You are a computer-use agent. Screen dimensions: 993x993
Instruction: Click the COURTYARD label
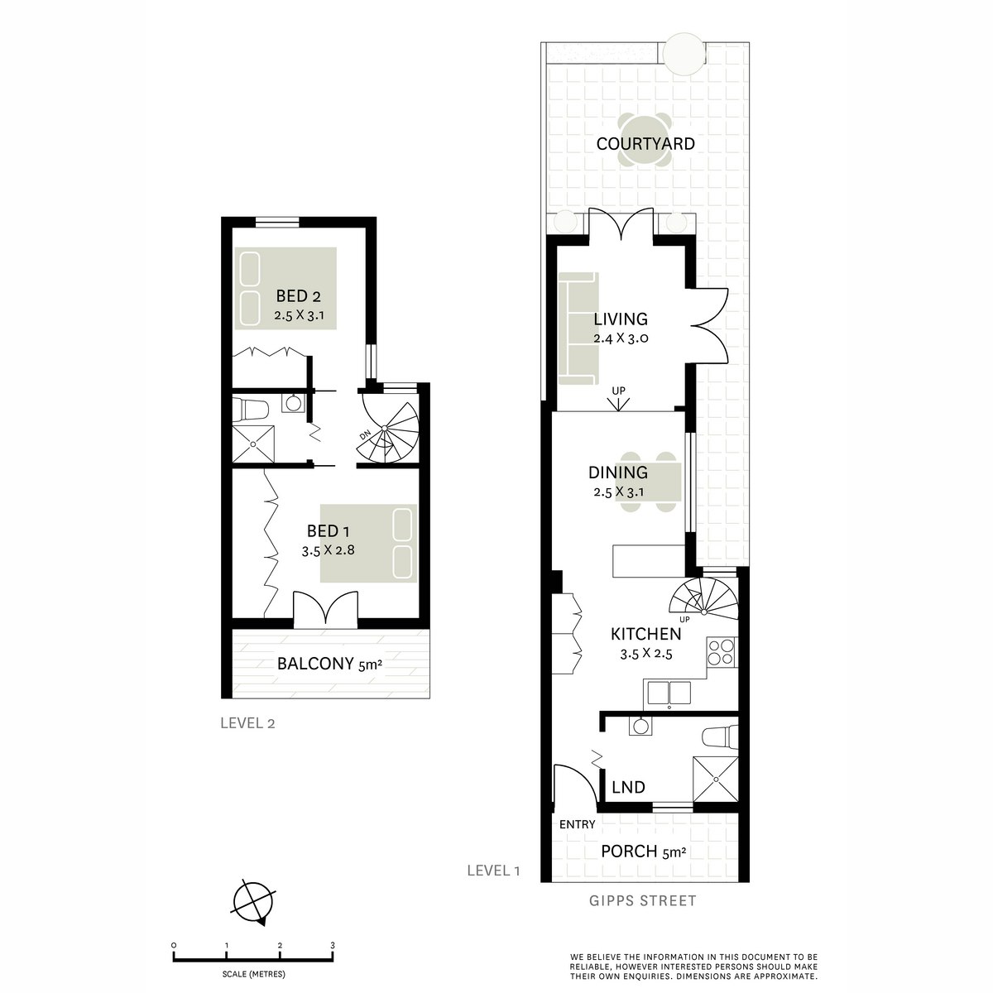pyautogui.click(x=645, y=144)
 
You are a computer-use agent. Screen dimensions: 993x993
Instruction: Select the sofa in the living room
pyautogui.click(x=578, y=329)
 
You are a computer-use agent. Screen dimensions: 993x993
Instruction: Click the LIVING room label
pyautogui.click(x=621, y=319)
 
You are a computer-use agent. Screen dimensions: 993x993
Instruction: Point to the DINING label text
pyautogui.click(x=617, y=473)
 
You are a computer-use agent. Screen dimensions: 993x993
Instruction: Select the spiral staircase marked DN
pyautogui.click(x=388, y=431)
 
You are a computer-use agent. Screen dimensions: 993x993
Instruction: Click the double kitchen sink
pyautogui.click(x=669, y=692)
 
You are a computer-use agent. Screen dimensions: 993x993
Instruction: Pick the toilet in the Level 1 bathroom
pyautogui.click(x=717, y=735)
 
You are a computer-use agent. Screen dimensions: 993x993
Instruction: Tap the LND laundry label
pyautogui.click(x=628, y=787)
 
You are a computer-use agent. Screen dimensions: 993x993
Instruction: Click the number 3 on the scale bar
pyautogui.click(x=333, y=945)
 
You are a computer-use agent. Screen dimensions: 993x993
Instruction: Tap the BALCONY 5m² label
pyautogui.click(x=329, y=663)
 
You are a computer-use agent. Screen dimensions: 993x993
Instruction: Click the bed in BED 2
pyautogui.click(x=285, y=288)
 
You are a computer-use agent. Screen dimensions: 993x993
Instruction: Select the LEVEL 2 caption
pyautogui.click(x=247, y=722)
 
